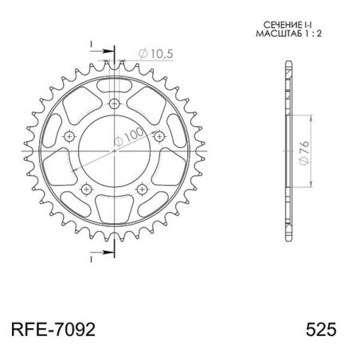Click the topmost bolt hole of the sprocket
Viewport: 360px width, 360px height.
(x=115, y=104)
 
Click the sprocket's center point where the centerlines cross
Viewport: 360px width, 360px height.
(x=115, y=152)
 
